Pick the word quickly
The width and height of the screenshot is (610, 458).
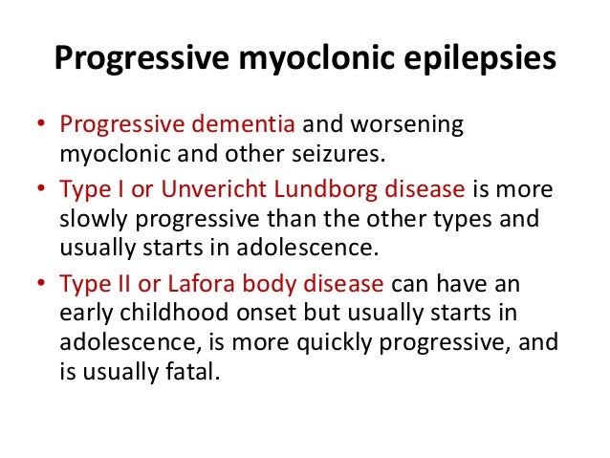(x=338, y=339)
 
